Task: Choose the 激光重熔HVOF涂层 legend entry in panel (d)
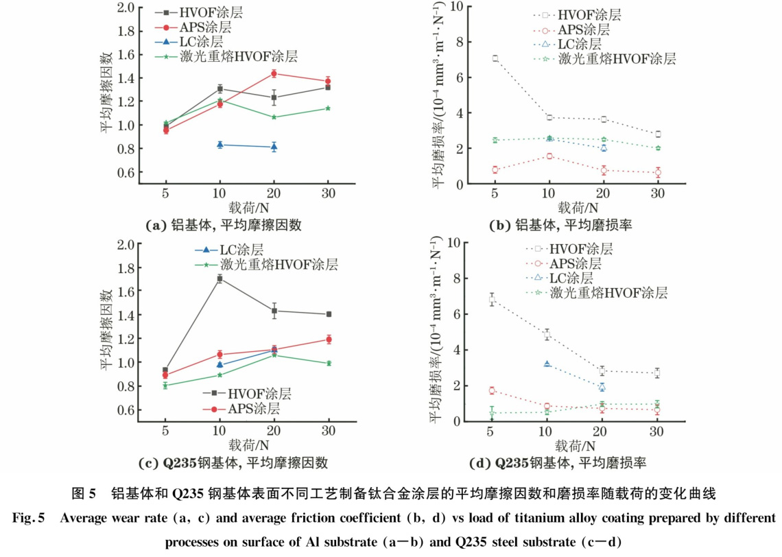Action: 607,294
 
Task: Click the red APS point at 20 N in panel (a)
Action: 274,73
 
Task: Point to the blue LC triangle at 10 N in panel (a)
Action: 220,145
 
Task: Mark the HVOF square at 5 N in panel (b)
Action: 495,58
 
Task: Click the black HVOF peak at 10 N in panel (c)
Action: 220,278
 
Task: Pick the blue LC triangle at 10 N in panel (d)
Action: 547,364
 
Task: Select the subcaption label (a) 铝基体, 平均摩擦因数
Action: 224,224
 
